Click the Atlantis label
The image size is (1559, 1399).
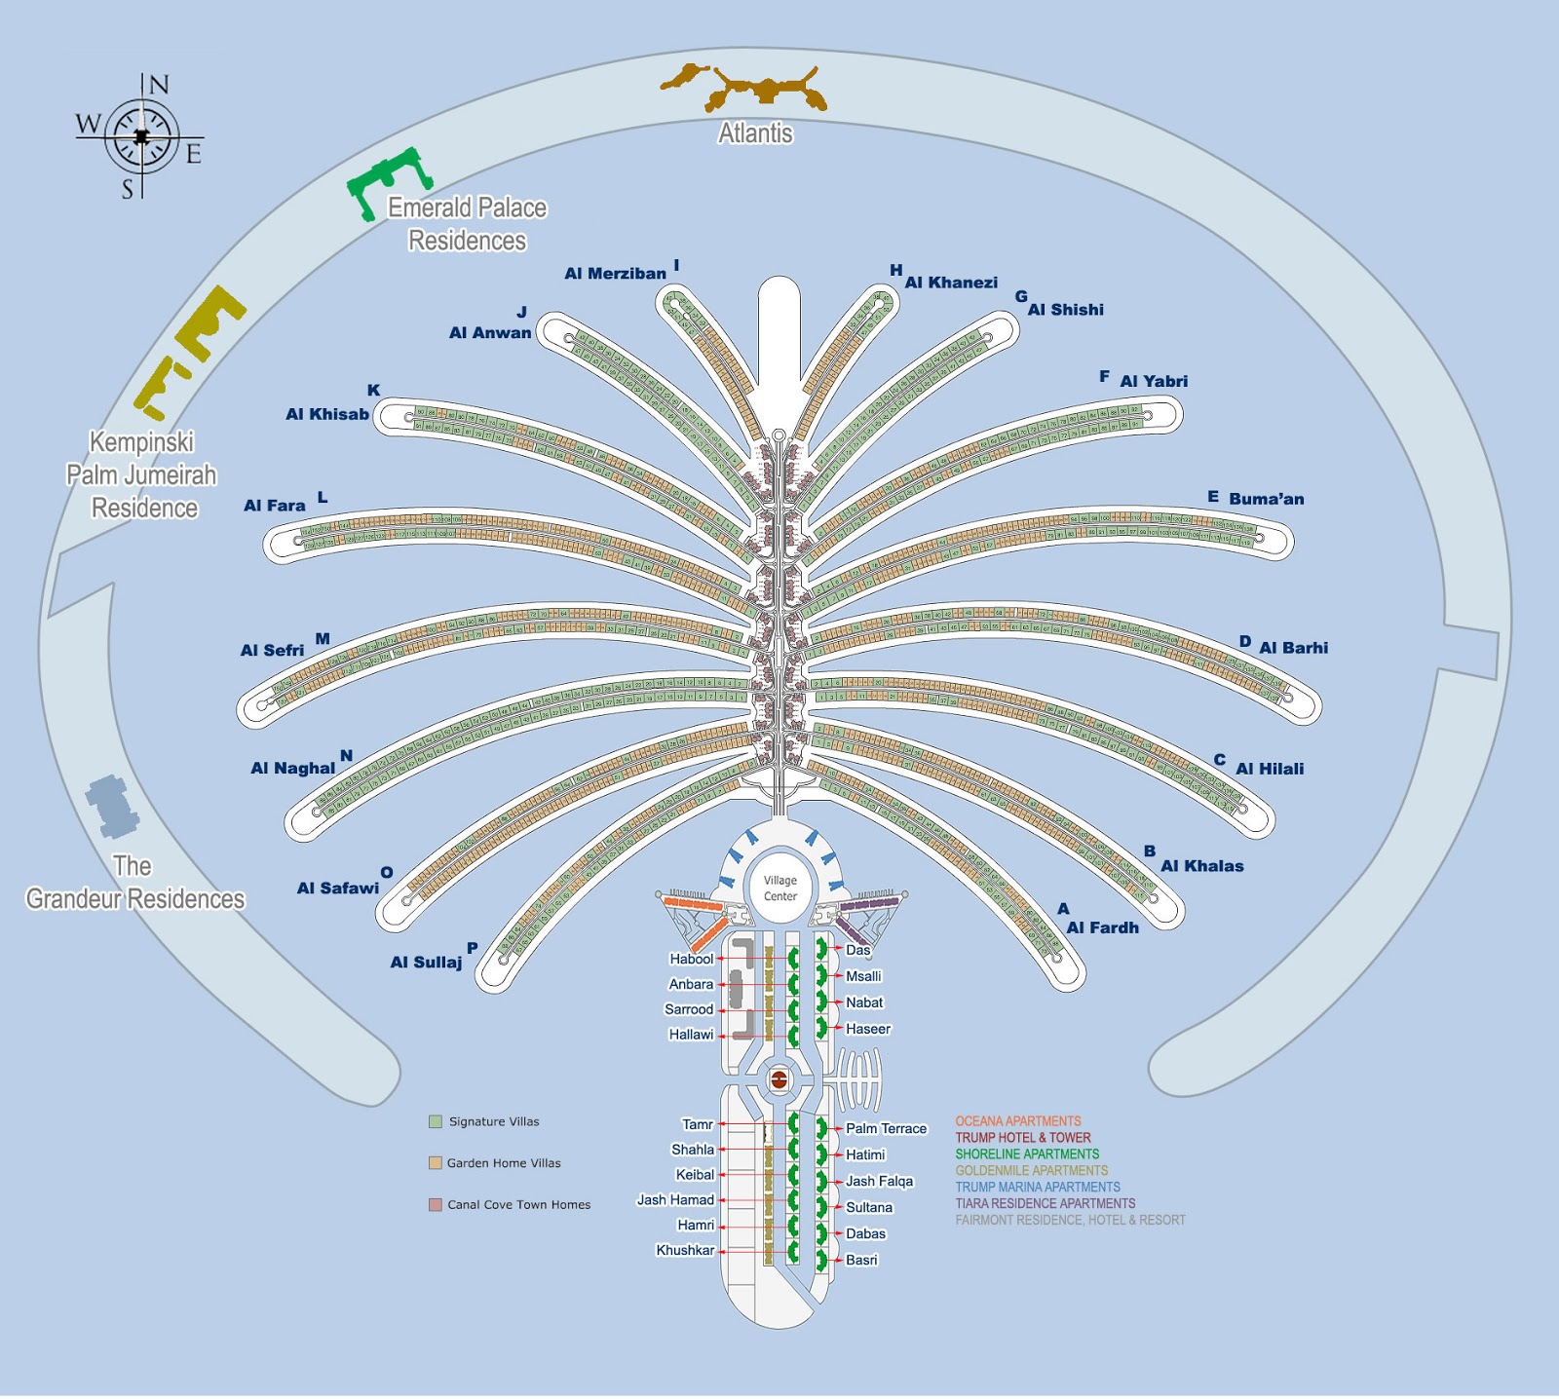[755, 133]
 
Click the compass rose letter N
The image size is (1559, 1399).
[158, 85]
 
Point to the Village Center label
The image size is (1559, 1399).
[779, 888]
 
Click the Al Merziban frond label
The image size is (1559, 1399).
[615, 274]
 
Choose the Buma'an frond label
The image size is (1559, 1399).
[1266, 499]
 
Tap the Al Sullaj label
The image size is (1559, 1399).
[426, 963]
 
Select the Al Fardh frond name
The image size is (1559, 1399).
[1102, 927]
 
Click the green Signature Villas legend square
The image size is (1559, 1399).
[436, 1121]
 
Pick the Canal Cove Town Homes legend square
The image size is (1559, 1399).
[436, 1204]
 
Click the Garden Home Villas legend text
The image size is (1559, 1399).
[504, 1163]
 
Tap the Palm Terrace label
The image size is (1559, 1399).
[886, 1128]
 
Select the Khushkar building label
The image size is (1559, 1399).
[685, 1250]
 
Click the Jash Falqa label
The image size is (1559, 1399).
[879, 1181]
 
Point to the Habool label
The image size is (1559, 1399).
[691, 959]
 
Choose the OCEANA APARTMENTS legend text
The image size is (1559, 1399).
[1017, 1121]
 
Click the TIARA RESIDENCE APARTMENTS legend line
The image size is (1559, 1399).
[1045, 1203]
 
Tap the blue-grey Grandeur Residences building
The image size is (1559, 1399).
[113, 806]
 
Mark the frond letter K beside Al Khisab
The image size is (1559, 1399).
[373, 390]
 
